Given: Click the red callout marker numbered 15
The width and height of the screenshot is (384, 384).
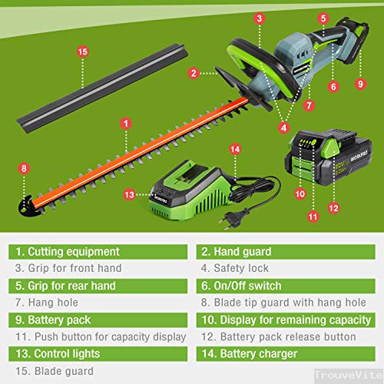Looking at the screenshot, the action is [82, 51].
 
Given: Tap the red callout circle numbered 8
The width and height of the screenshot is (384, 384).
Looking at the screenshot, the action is [24, 168].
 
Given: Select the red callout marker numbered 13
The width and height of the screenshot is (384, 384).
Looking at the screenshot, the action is [129, 195].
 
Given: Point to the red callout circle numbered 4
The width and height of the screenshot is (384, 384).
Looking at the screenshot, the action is [283, 127].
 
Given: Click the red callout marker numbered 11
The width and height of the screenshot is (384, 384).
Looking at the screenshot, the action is [313, 217].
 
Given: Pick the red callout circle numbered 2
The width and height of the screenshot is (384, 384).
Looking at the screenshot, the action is [194, 73].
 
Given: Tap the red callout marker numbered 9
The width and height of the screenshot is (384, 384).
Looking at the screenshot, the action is [360, 84].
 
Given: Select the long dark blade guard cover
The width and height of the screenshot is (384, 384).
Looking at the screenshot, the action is [102, 88].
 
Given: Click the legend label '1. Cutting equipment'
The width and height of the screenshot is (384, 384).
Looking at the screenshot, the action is [68, 252].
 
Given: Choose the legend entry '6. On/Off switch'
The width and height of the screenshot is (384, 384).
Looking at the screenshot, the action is [241, 286].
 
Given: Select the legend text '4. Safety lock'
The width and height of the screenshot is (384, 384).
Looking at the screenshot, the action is [235, 268].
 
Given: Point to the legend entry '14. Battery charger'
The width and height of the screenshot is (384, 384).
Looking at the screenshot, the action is [250, 354].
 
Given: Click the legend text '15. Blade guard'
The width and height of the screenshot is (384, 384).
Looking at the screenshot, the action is [55, 371].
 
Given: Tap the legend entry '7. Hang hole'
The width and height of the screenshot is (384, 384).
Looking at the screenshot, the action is [47, 303].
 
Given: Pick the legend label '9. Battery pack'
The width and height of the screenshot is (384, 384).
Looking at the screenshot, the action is [53, 320].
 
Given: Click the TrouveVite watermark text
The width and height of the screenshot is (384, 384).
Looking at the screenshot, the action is [349, 375].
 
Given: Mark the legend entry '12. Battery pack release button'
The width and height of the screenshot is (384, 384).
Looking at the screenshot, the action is [279, 337].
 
